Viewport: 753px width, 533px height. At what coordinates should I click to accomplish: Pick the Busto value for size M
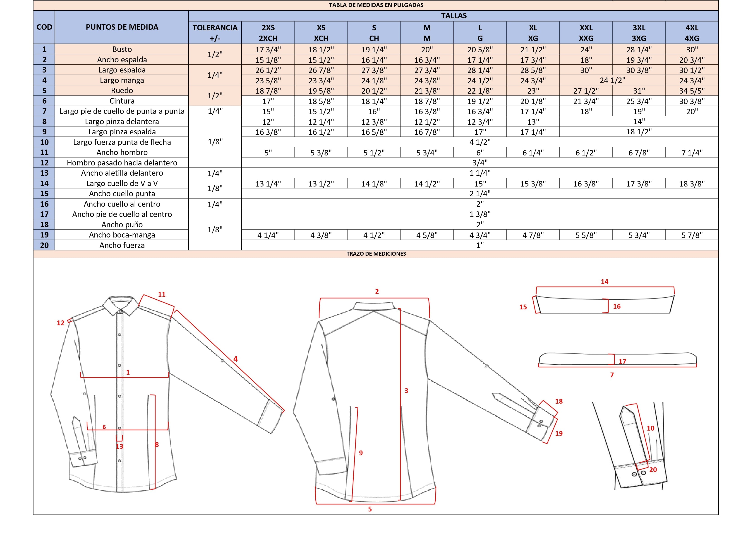(x=427, y=50)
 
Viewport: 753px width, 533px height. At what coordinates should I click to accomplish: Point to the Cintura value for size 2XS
(x=268, y=101)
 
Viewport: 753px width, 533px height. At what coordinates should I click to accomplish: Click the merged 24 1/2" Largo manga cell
(x=612, y=80)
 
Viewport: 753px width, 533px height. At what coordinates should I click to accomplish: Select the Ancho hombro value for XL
(x=533, y=153)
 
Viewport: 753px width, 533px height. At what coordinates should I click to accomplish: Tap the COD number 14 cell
(x=44, y=184)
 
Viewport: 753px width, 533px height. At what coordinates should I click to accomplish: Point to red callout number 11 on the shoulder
(x=162, y=294)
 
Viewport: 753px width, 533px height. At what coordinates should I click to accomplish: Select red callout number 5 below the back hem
(x=370, y=509)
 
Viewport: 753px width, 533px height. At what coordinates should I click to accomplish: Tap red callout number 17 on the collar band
(x=622, y=361)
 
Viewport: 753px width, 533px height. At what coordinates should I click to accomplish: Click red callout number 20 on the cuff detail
(x=653, y=470)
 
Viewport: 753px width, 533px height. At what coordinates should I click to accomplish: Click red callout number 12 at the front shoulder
(x=61, y=323)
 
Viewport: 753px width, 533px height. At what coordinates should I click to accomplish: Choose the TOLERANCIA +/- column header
(x=215, y=33)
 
